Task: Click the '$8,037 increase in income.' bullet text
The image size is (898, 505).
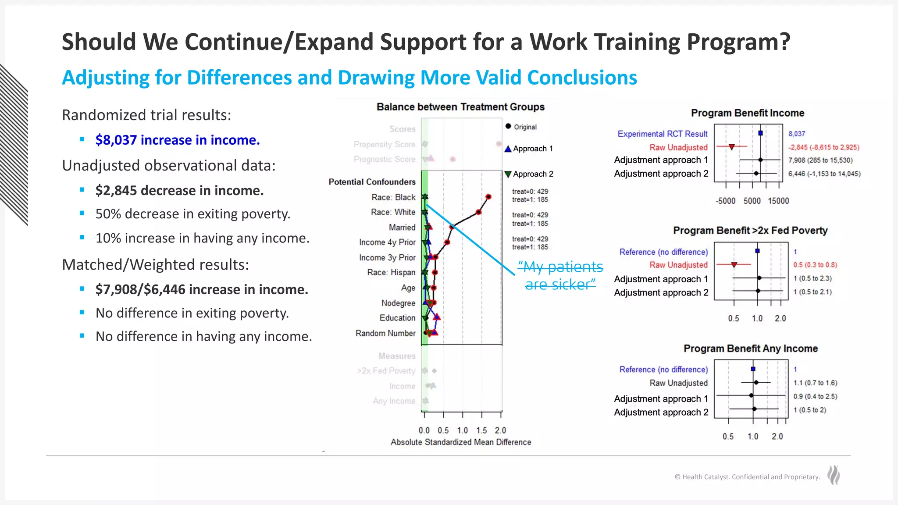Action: (x=178, y=140)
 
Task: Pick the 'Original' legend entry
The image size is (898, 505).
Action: (x=525, y=127)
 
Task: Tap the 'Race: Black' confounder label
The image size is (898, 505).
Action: (x=393, y=197)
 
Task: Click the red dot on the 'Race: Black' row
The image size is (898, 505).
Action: (x=488, y=197)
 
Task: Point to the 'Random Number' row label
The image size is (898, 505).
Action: (x=385, y=333)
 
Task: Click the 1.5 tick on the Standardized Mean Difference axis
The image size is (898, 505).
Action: (x=481, y=430)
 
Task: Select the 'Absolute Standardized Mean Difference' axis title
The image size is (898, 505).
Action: (x=461, y=442)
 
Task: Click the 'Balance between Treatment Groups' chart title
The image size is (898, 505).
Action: (x=460, y=107)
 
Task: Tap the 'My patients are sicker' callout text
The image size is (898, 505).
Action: (x=560, y=276)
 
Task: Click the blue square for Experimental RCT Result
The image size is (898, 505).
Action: (x=760, y=133)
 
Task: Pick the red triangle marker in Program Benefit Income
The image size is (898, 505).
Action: (x=732, y=147)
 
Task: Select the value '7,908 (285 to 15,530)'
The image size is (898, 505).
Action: (x=820, y=160)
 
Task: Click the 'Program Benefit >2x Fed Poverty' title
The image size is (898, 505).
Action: (x=750, y=231)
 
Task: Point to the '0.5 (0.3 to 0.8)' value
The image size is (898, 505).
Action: (x=815, y=265)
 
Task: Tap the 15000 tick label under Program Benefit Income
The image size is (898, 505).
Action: (x=778, y=201)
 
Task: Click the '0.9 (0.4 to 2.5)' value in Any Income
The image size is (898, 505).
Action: (x=815, y=396)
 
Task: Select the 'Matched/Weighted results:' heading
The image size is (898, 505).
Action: (x=156, y=265)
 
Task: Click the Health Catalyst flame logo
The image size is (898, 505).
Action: (x=834, y=475)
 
